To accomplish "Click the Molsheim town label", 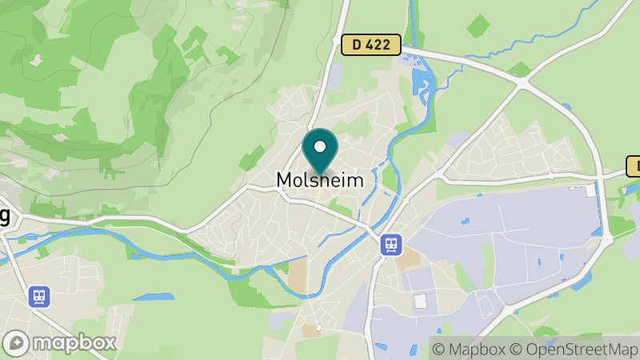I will (x=319, y=181).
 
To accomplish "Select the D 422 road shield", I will (x=370, y=45).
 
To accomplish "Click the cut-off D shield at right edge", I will (x=633, y=166).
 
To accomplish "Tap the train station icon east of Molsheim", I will (x=391, y=244).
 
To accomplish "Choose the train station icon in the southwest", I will (x=38, y=297).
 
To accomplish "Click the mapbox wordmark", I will (x=76, y=342).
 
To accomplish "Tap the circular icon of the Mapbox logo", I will (x=17, y=342).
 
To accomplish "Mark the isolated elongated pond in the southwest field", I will (x=153, y=297).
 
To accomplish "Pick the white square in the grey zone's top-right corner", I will (x=590, y=190).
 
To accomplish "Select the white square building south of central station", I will (x=420, y=301).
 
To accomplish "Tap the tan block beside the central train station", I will (x=409, y=258).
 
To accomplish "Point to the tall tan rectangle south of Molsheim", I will (x=298, y=275).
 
